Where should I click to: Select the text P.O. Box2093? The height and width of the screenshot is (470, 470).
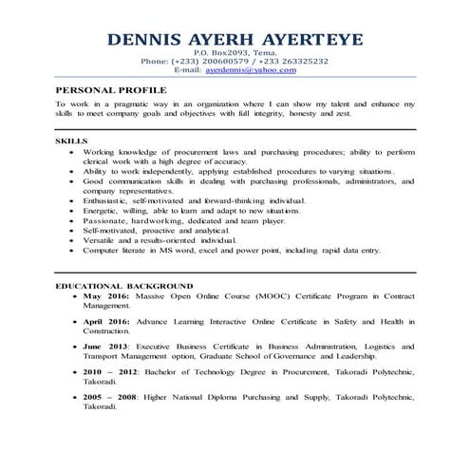tap(214, 53)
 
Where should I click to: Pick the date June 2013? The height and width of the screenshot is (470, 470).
tap(107, 348)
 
